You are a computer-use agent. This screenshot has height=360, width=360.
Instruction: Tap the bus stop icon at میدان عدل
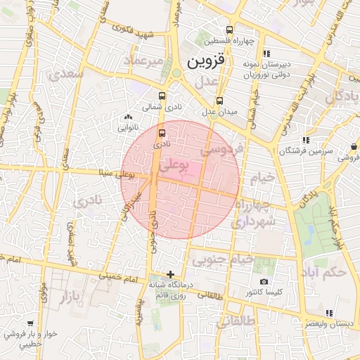pos(220,101)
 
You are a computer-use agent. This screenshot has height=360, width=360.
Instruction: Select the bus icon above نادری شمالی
pos(162,96)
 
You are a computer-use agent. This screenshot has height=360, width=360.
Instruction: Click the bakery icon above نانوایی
pos(127,117)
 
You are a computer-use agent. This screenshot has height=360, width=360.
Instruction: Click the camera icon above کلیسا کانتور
pos(264,281)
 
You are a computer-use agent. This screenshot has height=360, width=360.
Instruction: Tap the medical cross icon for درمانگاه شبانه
pos(170,274)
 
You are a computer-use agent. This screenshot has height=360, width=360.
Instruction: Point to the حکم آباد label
pos(327,271)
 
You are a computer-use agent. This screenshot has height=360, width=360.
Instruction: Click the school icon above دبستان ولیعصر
pos(328,314)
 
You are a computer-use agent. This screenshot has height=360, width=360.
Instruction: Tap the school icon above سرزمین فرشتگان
pos(304,140)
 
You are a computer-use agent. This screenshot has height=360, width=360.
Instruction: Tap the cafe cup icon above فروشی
pos(353,147)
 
